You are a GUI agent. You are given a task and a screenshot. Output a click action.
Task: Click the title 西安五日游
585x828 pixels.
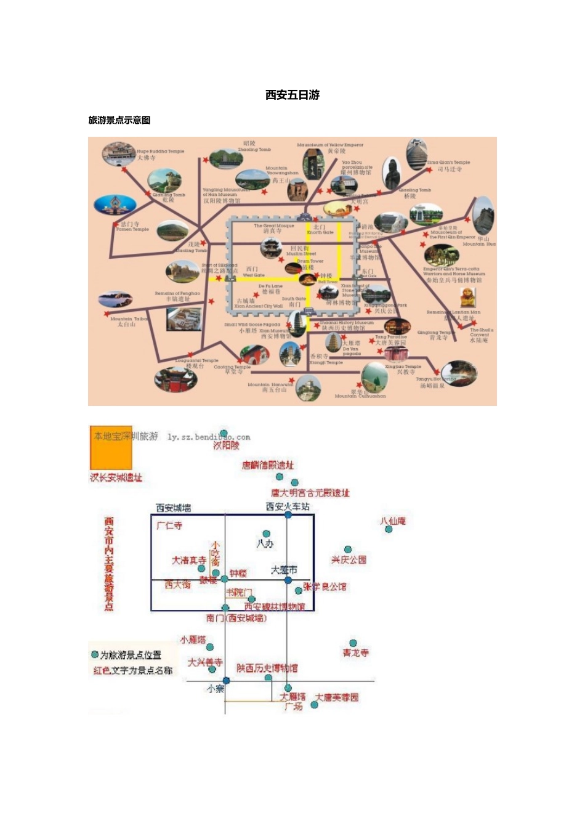tap(292, 95)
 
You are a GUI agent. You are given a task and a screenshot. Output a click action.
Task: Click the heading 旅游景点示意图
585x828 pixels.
tap(119, 120)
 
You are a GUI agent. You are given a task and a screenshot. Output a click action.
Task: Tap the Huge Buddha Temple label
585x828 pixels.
tap(159, 153)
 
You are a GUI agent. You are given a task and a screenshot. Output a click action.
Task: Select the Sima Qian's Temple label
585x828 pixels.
tap(449, 165)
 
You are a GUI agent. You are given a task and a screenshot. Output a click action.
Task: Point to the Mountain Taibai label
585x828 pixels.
tap(128, 322)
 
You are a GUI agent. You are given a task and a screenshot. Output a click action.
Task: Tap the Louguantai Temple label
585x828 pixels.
tap(196, 363)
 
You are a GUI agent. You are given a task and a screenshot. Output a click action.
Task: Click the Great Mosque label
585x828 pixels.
tap(273, 228)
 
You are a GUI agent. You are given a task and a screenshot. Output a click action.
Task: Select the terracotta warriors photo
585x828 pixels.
tap(441, 254)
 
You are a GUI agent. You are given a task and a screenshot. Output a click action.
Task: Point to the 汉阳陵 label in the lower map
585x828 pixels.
tap(226, 445)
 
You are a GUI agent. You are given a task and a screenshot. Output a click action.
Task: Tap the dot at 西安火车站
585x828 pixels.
tap(288, 514)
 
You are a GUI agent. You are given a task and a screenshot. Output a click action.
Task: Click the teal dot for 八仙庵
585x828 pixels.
tap(389, 529)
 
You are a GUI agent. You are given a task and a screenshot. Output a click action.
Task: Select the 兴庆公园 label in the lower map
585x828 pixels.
tap(349, 559)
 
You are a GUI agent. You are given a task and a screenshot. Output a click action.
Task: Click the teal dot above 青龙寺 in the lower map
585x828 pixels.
tap(353, 643)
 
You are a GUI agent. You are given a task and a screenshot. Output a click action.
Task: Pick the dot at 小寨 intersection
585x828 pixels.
tap(226, 681)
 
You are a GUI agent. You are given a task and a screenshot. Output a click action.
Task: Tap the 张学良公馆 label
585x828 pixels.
tap(325, 586)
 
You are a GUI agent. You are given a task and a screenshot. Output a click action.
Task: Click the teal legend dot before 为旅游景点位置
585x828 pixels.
tap(95, 654)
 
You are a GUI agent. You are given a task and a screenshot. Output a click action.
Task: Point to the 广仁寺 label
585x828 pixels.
tap(169, 526)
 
